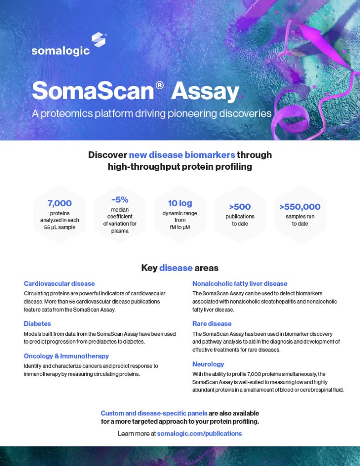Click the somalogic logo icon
coord(98,40)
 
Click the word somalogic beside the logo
coord(60,51)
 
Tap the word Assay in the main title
coord(205,91)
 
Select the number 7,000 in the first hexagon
coord(60,203)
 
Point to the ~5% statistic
coord(120,199)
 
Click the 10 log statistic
coord(180,203)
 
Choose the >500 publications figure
coord(240,207)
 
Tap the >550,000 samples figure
coord(300,207)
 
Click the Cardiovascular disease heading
coord(59,283)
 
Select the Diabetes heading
coord(37,324)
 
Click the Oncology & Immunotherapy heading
coord(66,356)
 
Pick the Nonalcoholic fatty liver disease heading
coord(240,283)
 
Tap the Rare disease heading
coord(212,324)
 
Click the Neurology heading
coord(208,364)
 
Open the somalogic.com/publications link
coord(199,434)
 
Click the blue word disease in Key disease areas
coord(176,268)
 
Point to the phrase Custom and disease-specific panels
coord(154,413)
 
